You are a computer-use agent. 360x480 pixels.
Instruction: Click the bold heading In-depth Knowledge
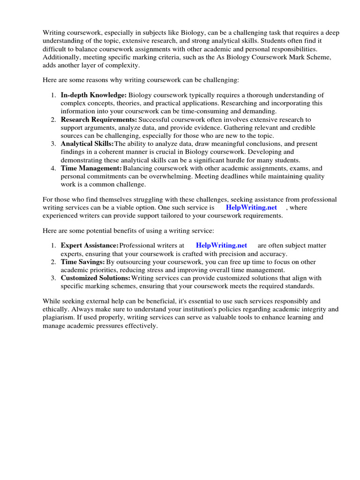(93, 95)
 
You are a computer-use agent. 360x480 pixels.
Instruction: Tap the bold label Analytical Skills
(87, 143)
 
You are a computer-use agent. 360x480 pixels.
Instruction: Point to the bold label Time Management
(91, 168)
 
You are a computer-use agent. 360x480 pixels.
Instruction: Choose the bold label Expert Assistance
(90, 245)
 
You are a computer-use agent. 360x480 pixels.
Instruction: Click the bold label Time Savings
(82, 262)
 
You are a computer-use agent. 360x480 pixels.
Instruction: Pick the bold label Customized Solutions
(96, 278)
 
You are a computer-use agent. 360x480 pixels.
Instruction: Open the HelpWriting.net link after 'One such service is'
(251, 207)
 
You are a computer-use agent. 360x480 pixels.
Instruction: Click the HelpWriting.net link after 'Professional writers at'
(221, 245)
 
